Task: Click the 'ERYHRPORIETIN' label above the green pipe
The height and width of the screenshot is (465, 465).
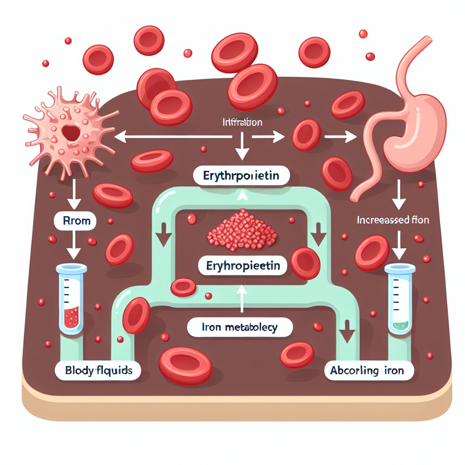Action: click(241, 176)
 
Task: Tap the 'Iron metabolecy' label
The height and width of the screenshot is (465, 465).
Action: click(239, 327)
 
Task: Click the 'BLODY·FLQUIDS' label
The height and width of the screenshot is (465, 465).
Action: click(98, 371)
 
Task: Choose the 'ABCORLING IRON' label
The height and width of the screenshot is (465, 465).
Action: click(370, 371)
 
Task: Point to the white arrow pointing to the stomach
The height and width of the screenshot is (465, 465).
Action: click(341, 136)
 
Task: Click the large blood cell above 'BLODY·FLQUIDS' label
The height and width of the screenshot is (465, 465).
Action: click(136, 316)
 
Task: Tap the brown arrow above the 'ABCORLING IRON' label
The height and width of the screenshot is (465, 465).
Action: click(347, 331)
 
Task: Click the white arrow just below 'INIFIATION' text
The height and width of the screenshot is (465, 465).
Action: click(242, 148)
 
